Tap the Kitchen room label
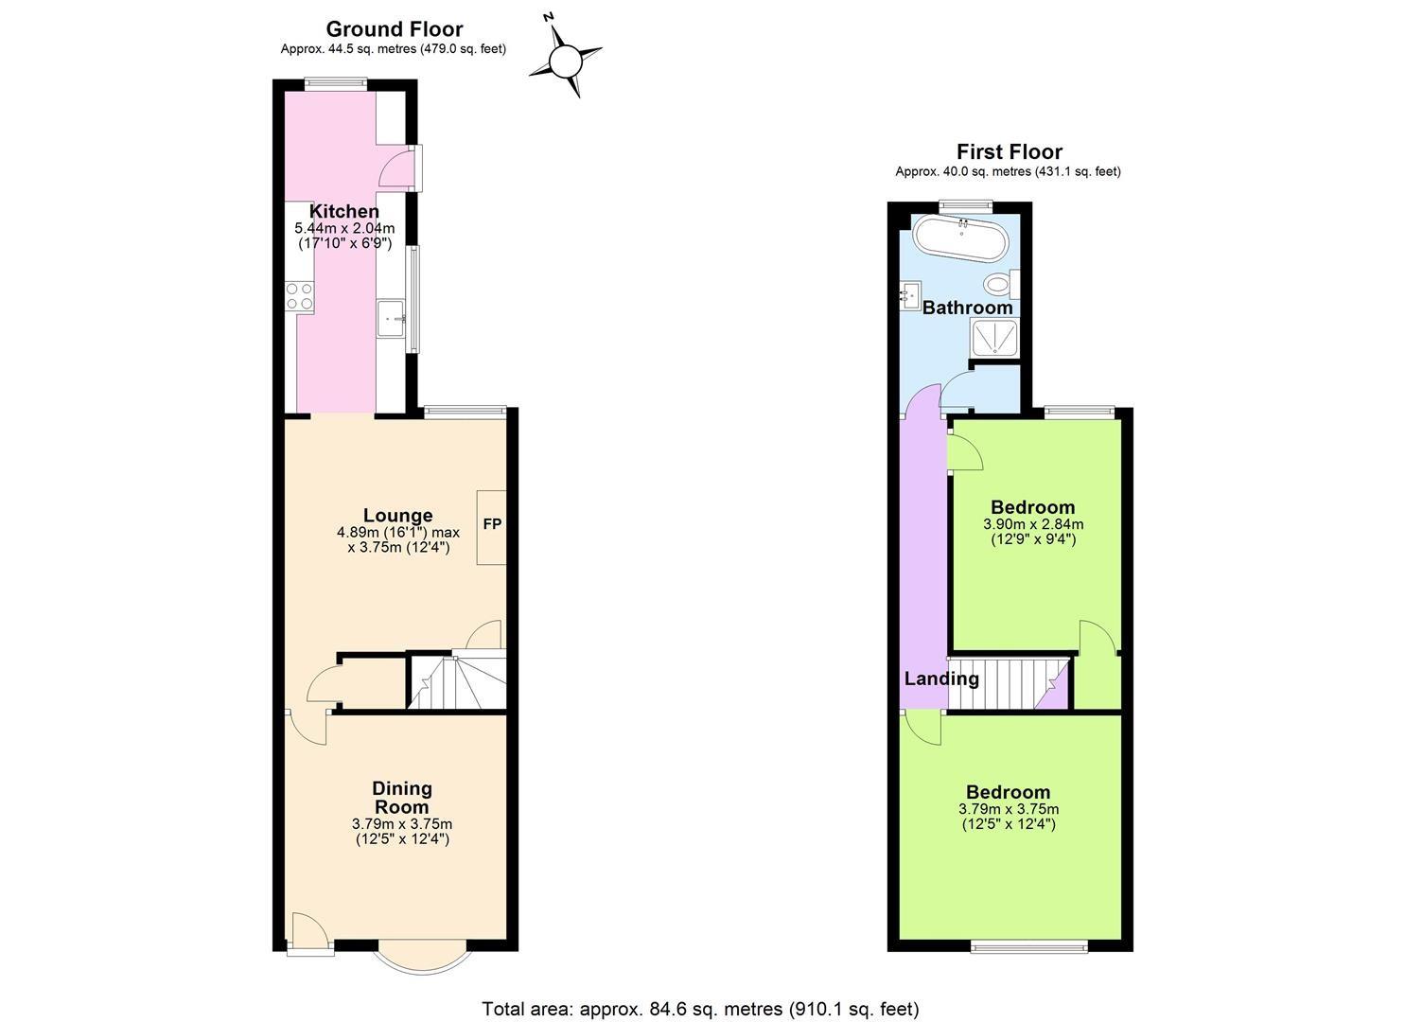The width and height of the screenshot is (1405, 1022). (344, 211)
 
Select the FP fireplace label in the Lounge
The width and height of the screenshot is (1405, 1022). (492, 524)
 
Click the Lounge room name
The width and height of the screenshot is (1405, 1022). (397, 515)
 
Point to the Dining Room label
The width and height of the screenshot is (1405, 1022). (402, 797)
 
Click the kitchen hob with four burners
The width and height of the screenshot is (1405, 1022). (299, 295)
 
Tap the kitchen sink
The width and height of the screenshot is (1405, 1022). (390, 318)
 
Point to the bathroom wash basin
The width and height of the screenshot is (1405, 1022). (911, 296)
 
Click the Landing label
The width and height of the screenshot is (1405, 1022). (941, 678)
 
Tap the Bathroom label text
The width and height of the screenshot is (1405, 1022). (967, 308)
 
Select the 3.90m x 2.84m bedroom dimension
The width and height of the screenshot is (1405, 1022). (1033, 524)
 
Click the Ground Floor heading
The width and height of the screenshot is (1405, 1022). (394, 29)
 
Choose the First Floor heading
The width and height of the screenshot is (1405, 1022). (1009, 151)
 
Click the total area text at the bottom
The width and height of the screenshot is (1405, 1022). (700, 1009)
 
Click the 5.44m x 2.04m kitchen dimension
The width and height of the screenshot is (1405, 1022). (344, 228)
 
